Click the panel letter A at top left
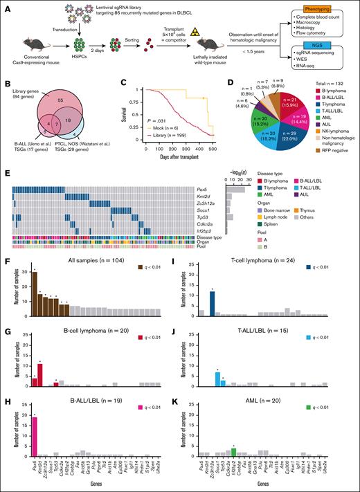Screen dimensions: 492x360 coord(6,5)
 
